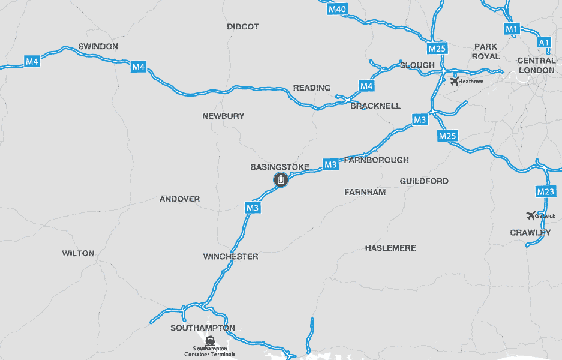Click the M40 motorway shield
pos(338,9)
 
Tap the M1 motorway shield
pos(511,28)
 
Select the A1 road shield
pos(544,43)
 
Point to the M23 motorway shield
pos(546,192)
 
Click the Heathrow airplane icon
pos(454,81)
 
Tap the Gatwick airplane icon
pos(530,215)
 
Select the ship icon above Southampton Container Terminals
pos(209,340)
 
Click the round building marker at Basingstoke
pos(281,179)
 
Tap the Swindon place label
pos(98,46)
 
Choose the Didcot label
pos(243,26)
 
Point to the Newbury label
pos(223,116)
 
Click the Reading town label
pos(312,88)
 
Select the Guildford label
pos(424,181)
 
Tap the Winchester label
pos(230,257)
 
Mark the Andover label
pos(179,199)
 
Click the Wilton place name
pos(78,253)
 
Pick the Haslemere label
pos(390,248)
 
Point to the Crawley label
pos(530,233)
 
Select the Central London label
pos(536,65)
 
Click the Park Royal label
pos(486,52)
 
